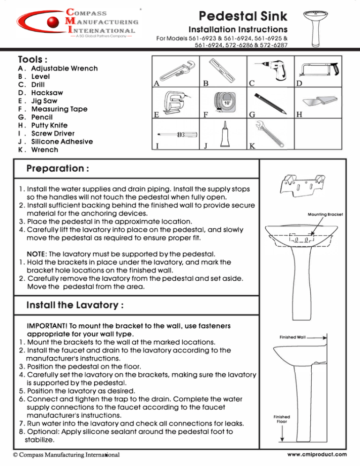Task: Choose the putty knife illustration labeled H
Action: [x=321, y=103]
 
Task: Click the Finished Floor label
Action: [x=282, y=419]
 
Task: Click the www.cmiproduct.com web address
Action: [x=317, y=454]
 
